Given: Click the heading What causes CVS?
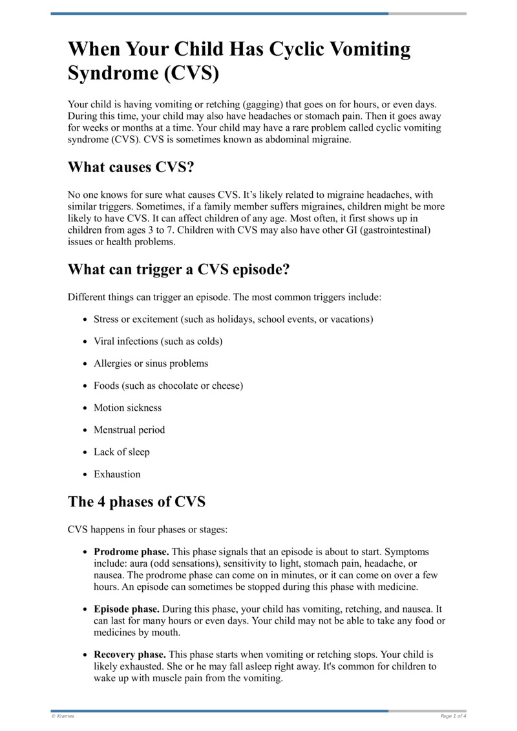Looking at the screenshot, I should click(131, 168).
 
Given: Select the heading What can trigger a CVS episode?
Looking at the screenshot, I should click(178, 270).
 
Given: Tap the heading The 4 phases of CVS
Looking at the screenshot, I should click(137, 501).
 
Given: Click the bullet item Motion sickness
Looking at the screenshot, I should click(127, 408).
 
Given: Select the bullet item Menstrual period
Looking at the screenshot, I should click(129, 430).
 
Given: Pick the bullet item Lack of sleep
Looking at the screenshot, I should click(121, 452).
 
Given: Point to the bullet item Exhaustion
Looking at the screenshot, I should click(117, 474).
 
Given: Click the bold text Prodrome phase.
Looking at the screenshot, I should click(131, 552).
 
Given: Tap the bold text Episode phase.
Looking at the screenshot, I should click(127, 609).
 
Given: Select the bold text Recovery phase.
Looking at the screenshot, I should click(130, 655).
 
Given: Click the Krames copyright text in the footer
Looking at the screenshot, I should click(63, 716).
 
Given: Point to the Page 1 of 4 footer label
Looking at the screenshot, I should click(453, 716).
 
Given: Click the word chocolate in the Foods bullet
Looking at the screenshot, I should click(174, 386).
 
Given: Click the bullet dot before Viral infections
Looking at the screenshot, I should click(86, 342).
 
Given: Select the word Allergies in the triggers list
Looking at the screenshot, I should click(112, 364).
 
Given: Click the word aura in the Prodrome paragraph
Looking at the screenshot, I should click(139, 563).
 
